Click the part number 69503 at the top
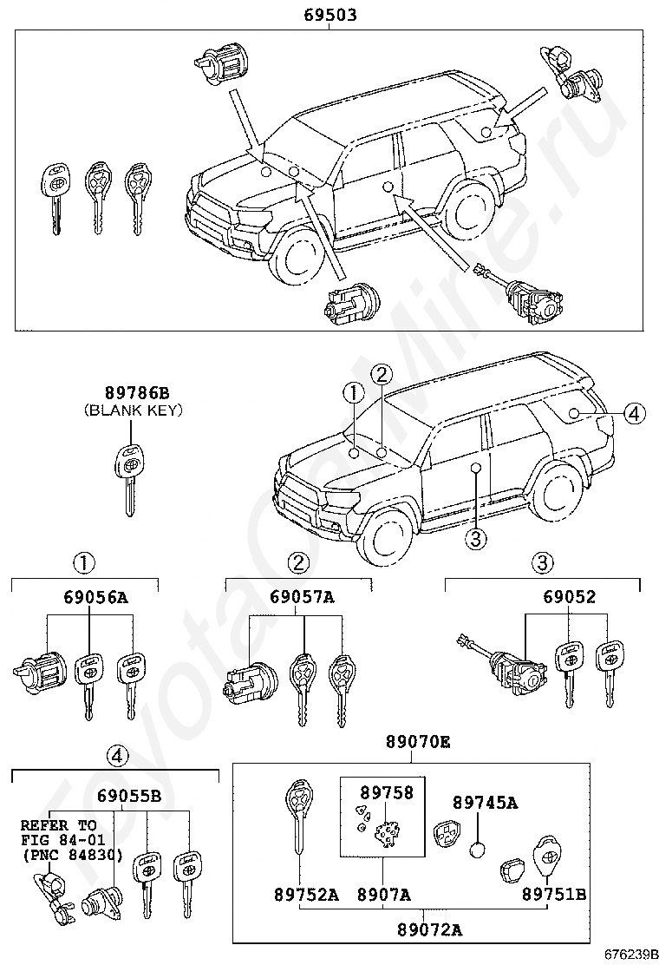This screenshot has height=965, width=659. point(330,15)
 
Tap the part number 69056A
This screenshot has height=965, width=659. point(95,597)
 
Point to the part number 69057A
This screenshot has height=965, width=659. point(302,597)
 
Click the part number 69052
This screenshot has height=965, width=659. point(570,597)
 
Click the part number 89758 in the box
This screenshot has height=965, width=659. point(387,792)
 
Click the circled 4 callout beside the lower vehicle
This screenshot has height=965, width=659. point(634,414)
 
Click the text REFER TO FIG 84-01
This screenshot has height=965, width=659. point(59,832)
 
